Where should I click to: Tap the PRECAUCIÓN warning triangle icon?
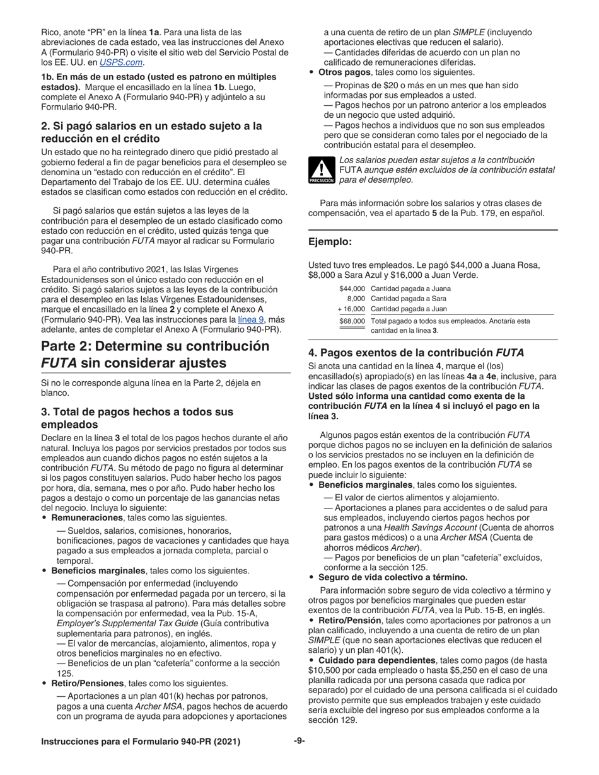[321, 171]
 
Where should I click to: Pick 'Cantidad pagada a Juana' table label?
[411, 289]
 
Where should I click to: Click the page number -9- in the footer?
[299, 742]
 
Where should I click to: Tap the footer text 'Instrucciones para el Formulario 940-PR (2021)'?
[140, 742]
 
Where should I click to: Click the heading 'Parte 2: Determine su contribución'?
[155, 347]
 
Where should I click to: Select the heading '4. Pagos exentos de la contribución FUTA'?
[416, 353]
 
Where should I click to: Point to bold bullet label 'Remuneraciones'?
[84, 518]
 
